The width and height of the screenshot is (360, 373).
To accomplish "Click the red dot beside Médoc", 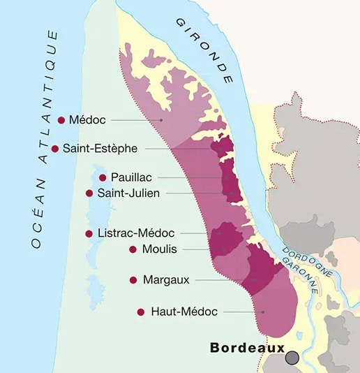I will coord(61,120).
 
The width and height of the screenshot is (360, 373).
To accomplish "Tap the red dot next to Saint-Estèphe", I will coord(55,148).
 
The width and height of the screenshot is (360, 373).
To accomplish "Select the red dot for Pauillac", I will coord(103,177).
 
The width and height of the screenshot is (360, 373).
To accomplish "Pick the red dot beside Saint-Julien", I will coord(89,193).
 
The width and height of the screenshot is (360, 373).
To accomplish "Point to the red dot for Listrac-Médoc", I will coord(89,233).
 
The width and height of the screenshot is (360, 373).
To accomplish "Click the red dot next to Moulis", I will coord(133,249).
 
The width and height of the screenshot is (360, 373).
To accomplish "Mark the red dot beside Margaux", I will coord(133,279).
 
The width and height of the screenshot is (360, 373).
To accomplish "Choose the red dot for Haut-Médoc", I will coord(141,312).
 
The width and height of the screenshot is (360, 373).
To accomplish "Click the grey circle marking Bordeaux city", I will coord(292,358).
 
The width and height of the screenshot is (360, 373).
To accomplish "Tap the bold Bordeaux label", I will coord(248,347).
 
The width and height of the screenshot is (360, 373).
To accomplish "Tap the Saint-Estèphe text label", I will coord(100,148).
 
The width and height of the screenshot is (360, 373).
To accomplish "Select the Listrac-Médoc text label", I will coord(136,233).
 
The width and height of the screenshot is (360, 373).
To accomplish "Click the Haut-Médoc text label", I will coord(184,312).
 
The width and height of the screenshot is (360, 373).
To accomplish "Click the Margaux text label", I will coord(166,279).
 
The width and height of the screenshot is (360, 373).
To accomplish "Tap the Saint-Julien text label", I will coord(129,193).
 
